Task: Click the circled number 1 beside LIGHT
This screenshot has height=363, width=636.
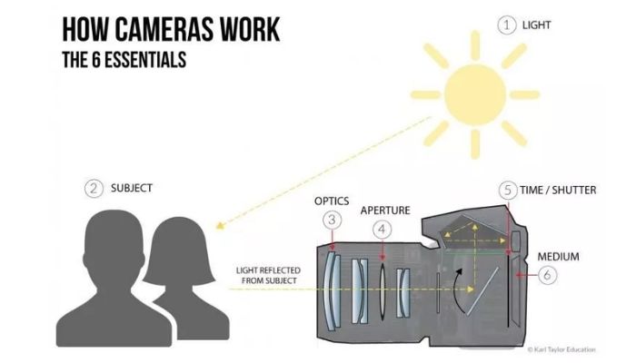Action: (506, 25)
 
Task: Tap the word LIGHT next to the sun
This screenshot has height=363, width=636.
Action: (537, 25)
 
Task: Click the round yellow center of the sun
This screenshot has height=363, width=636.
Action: (474, 93)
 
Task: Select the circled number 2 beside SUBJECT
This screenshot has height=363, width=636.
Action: (93, 189)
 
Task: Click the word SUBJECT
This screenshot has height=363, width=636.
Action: (132, 189)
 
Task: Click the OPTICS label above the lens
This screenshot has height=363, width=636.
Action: (332, 200)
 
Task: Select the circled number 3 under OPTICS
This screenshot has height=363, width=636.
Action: (333, 220)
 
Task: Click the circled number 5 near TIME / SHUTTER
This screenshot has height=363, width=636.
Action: (508, 190)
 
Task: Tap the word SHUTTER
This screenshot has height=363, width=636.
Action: (573, 190)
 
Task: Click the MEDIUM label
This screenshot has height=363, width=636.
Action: (557, 256)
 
